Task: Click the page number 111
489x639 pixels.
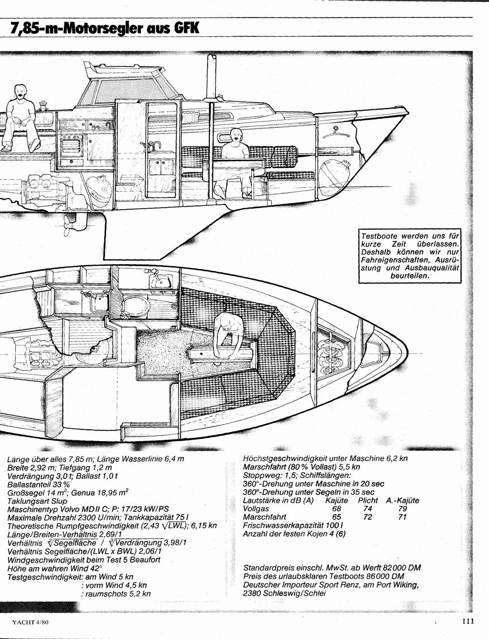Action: coord(468,621)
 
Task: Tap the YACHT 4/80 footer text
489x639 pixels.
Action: coord(33,622)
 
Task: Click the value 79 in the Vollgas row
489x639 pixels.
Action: coord(402,508)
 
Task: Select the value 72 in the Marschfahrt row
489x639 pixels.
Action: coord(367,517)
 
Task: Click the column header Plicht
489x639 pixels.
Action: coord(368,500)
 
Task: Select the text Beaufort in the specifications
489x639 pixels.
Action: coord(144,559)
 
